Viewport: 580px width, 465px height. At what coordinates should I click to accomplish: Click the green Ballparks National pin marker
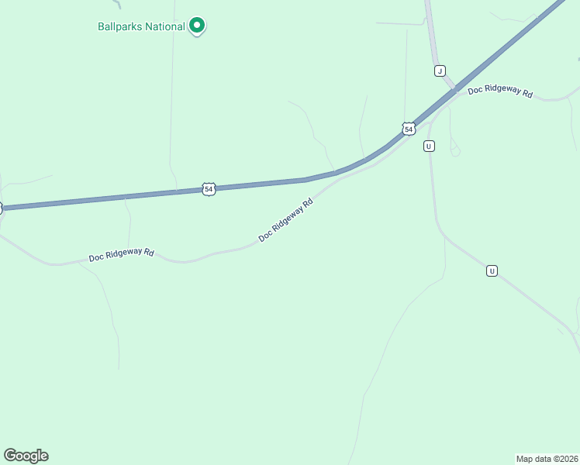pos(197,26)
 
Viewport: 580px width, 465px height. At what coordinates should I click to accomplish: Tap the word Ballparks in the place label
pos(119,26)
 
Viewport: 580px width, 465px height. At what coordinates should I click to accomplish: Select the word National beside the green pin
pos(164,26)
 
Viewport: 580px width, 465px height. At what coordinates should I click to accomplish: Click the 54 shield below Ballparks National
pos(209,189)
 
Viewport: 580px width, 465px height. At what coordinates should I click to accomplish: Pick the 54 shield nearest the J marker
pos(409,128)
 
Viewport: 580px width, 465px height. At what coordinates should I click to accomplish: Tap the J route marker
pos(440,71)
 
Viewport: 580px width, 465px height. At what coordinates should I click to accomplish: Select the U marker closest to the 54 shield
pos(429,146)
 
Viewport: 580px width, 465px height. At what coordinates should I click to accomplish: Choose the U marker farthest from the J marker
pos(492,270)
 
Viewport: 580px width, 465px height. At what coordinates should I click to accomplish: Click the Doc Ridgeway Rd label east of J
pos(500,91)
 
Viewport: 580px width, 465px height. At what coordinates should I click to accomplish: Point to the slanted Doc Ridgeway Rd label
pos(285,219)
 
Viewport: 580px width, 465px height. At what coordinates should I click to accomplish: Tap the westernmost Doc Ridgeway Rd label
pos(122,255)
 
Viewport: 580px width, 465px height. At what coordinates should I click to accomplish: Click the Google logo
pos(26,456)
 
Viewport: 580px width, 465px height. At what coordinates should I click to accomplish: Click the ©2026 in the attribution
pos(564,457)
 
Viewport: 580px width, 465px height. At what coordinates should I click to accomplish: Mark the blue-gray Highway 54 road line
pos(116,198)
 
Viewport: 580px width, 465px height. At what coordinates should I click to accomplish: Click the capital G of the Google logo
pos(10,456)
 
